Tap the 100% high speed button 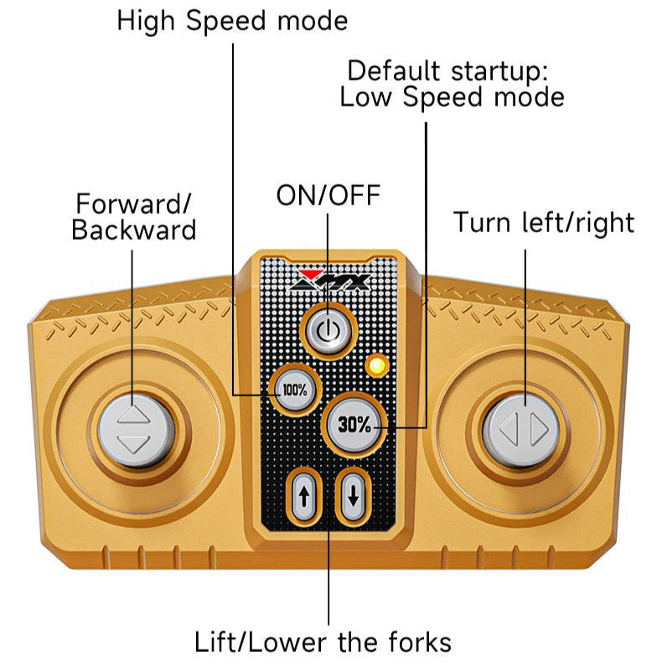coord(294,390)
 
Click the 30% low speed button coord(354,425)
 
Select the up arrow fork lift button coord(303,496)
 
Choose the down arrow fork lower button coord(353,496)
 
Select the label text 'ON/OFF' coord(328,195)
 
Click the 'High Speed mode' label coord(232,20)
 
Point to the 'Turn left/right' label coord(544,222)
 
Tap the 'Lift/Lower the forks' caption coord(323,642)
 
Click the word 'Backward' coord(134,230)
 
